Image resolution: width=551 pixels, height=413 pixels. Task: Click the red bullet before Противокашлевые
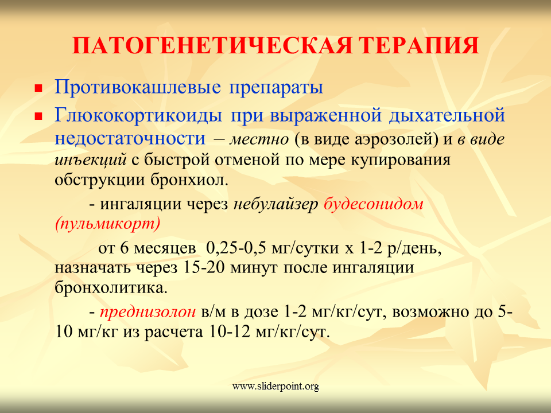(x=38, y=88)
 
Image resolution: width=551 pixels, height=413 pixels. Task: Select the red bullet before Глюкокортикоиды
(x=38, y=116)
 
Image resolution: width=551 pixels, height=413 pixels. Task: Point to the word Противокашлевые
(x=138, y=87)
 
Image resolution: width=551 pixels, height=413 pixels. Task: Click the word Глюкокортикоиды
(x=138, y=115)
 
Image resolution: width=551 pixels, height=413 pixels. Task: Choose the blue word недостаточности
(x=130, y=139)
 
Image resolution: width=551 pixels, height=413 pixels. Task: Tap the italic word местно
(x=259, y=139)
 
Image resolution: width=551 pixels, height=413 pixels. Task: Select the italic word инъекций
(x=91, y=160)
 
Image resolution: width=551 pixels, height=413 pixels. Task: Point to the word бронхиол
(x=190, y=180)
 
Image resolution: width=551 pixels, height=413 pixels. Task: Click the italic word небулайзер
(x=276, y=204)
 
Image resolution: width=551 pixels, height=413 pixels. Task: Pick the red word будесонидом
(x=373, y=204)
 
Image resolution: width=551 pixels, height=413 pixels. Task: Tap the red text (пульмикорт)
(x=107, y=224)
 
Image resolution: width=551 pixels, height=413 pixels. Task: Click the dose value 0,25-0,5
(x=236, y=248)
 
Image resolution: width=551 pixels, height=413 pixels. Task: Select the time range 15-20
(x=203, y=268)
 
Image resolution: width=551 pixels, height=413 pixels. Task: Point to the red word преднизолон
(x=148, y=312)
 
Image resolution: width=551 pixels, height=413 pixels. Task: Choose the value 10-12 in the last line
(x=229, y=332)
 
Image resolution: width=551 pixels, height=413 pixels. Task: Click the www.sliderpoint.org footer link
(x=275, y=387)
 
